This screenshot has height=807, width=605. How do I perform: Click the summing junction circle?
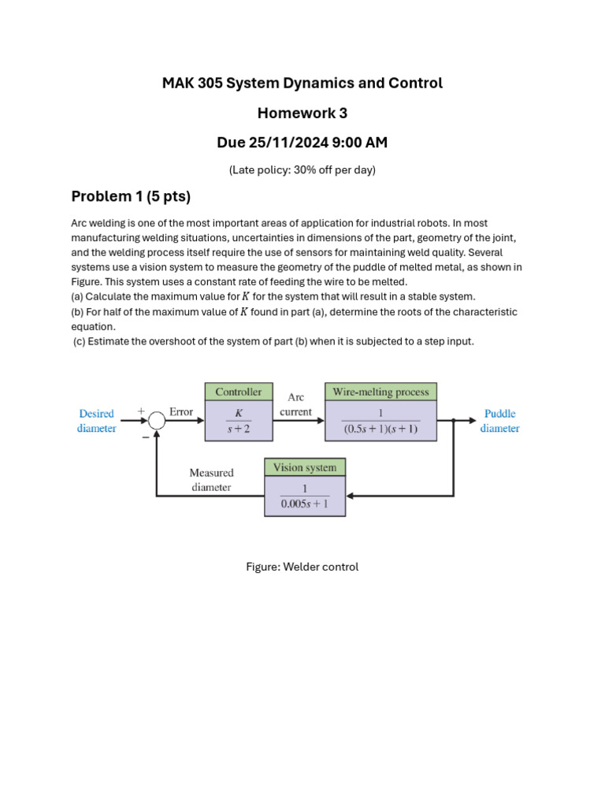[157, 422]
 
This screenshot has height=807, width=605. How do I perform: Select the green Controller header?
[239, 392]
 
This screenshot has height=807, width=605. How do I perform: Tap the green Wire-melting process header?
[380, 392]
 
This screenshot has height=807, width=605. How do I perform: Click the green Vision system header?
[305, 467]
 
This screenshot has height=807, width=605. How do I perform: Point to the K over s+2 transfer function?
[239, 422]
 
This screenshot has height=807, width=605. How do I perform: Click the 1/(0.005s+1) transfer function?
[305, 496]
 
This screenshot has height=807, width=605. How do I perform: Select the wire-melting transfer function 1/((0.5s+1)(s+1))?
[380, 422]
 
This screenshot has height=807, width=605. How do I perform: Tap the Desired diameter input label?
[97, 421]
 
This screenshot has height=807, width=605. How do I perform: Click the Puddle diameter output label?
[500, 421]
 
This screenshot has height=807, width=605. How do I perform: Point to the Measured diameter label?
[211, 480]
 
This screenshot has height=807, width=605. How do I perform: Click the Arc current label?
[295, 404]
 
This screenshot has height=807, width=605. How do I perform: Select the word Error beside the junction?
[181, 412]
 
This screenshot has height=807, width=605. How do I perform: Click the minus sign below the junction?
[146, 436]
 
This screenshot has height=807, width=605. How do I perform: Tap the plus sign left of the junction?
[142, 411]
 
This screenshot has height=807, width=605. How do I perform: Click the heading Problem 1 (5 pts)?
[131, 196]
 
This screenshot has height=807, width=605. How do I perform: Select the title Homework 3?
[302, 113]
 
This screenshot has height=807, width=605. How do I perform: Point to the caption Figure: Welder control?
[302, 567]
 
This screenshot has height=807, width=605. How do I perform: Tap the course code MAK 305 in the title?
[191, 83]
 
